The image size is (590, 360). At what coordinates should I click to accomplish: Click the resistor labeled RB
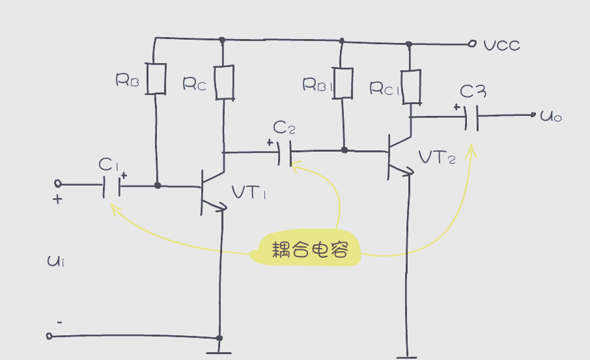pyautogui.click(x=156, y=78)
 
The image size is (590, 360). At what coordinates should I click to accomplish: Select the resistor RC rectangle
pyautogui.click(x=225, y=82)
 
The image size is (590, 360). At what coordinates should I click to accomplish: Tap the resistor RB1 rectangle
pyautogui.click(x=343, y=83)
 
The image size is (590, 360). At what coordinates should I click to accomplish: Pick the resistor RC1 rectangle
pyautogui.click(x=410, y=87)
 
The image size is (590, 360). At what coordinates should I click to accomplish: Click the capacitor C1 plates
pyautogui.click(x=111, y=187)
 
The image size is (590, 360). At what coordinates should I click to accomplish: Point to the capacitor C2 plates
pyautogui.click(x=284, y=153)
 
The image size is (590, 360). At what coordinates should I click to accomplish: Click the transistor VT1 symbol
pyautogui.click(x=208, y=192)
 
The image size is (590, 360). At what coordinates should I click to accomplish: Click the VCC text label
pyautogui.click(x=502, y=46)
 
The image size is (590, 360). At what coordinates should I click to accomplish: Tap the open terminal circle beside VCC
pyautogui.click(x=472, y=44)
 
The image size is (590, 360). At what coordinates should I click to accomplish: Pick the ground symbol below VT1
pyautogui.click(x=219, y=353)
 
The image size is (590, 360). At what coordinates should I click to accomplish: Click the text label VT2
pyautogui.click(x=437, y=158)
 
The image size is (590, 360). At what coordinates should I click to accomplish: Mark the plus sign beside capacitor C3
pyautogui.click(x=457, y=107)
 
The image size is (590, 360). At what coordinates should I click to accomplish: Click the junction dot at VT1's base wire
pyautogui.click(x=158, y=186)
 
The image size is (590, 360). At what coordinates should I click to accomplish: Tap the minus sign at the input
pyautogui.click(x=59, y=322)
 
